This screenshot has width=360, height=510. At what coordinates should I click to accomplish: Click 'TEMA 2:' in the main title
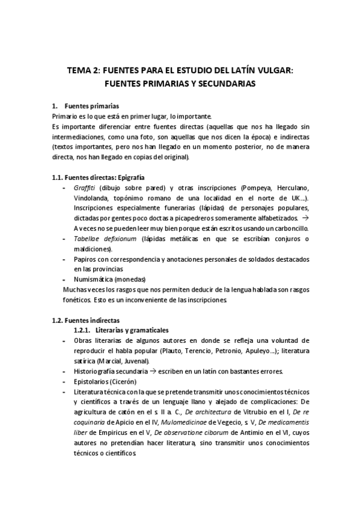(x=85, y=70)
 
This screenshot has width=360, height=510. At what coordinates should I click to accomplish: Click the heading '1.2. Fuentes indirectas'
(x=85, y=320)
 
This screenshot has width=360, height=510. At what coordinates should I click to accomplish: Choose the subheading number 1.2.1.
(x=82, y=330)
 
